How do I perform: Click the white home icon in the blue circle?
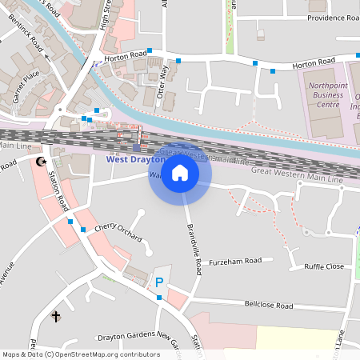(x=180, y=172)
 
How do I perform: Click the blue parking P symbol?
(x=159, y=282)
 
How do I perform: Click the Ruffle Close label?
(x=318, y=266)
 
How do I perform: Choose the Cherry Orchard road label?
(x=118, y=233)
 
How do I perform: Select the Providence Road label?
(x=330, y=18)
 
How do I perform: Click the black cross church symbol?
(x=56, y=317)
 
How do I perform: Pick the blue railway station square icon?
(x=136, y=147)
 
